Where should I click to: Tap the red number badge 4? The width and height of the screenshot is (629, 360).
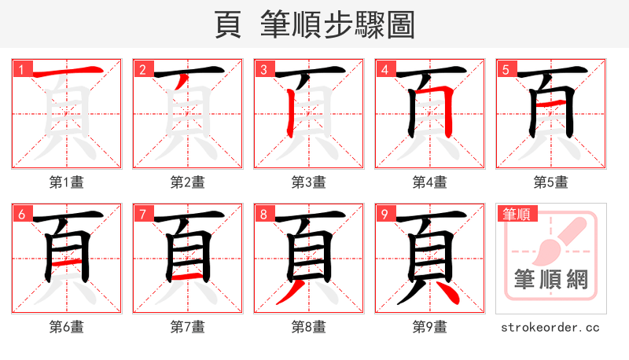(x=384, y=69)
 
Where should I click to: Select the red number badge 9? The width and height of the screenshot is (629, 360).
(x=384, y=214)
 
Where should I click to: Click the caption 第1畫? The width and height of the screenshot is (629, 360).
(x=66, y=182)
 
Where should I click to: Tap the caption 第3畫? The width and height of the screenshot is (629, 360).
(x=308, y=182)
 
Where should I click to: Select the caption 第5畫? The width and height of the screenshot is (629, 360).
(x=550, y=182)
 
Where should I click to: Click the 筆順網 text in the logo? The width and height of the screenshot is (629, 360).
(x=550, y=279)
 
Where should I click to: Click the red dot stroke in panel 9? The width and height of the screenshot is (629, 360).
(x=451, y=293)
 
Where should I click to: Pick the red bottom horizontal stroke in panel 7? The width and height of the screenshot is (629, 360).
(x=187, y=277)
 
